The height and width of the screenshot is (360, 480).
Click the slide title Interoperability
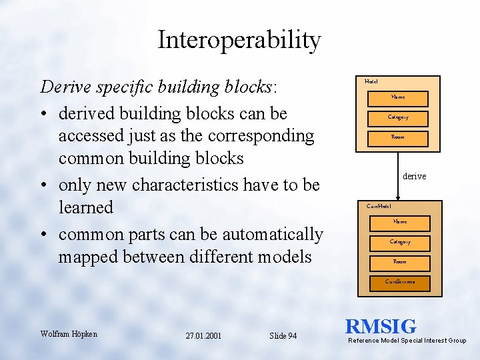coord(239,41)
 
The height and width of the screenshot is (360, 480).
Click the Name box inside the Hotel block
coord(398,97)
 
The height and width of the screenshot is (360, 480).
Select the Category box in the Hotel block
coord(398,117)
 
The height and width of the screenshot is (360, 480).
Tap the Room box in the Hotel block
coord(398,137)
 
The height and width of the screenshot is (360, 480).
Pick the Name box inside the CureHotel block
coord(400,222)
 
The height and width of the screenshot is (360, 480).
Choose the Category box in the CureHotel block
coord(400,242)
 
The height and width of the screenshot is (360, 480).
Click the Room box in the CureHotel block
coord(400,262)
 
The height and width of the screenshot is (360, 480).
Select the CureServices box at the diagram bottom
coord(400,282)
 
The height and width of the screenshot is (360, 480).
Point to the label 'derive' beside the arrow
coord(414,176)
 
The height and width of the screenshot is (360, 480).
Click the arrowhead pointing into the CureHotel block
coord(398,198)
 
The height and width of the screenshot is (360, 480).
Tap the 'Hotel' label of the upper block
coord(371,81)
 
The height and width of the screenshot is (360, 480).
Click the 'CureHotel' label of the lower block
coord(379,206)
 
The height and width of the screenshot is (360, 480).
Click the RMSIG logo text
coord(381,327)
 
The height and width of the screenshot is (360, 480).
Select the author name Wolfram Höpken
coord(69,333)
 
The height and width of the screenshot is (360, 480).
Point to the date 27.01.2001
coord(204,335)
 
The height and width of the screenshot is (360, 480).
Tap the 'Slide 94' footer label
coord(283,335)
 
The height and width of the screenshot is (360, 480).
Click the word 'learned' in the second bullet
coord(85,207)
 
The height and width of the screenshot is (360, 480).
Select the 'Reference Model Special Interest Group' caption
coord(407,341)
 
